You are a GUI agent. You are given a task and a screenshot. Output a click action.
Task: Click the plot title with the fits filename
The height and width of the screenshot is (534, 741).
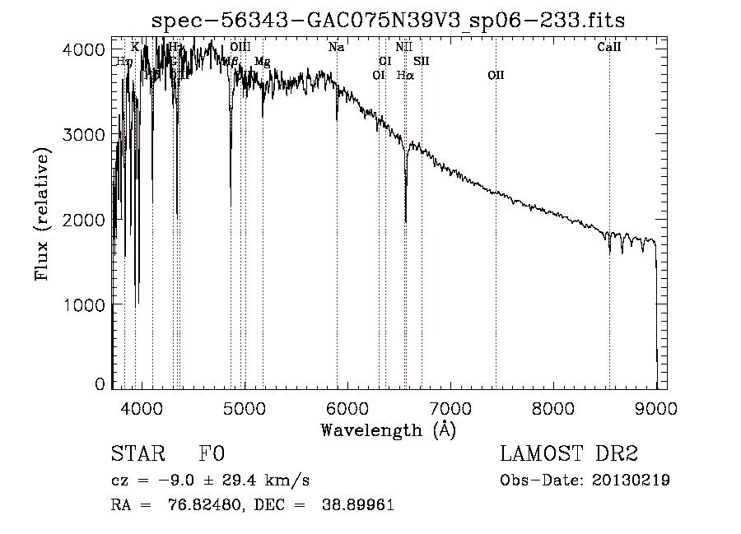tap(394, 21)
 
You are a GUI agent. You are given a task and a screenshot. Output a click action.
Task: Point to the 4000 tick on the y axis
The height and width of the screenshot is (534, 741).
tap(83, 49)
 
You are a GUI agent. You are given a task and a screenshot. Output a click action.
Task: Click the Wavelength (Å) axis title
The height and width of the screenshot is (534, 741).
tap(387, 430)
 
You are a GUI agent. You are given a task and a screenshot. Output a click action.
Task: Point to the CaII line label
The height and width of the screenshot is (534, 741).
tap(608, 48)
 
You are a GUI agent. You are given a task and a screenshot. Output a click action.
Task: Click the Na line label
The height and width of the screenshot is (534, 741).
tap(336, 48)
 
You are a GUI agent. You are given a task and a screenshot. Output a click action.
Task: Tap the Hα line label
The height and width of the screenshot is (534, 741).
tap(404, 75)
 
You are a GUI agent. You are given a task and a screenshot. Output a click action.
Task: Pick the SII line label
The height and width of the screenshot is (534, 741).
tap(421, 61)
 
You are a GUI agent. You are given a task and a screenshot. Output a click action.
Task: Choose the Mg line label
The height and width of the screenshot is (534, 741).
tap(262, 62)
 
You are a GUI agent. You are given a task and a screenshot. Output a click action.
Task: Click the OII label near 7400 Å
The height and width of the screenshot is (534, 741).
tap(495, 75)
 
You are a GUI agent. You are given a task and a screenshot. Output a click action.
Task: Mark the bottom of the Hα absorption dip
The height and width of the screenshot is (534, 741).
tap(405, 221)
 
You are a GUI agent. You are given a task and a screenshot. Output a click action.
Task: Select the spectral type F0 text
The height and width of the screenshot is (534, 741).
tap(211, 454)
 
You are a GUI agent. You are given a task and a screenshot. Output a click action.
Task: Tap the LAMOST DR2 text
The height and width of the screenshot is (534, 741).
tap(569, 454)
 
